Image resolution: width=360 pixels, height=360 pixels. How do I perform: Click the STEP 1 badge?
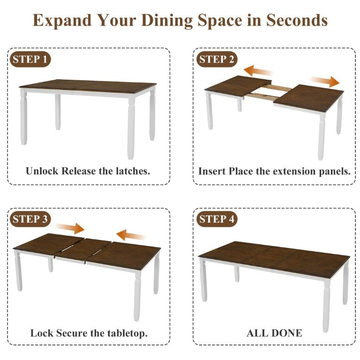tap(30, 59)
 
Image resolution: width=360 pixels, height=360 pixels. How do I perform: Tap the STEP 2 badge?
tap(217, 59)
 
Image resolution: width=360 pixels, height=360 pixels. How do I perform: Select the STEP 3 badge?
tap(30, 219)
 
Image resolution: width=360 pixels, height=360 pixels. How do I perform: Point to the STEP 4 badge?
tap(217, 219)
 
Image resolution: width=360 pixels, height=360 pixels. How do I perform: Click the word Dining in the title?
tap(167, 21)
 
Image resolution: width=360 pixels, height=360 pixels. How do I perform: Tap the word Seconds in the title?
tap(296, 21)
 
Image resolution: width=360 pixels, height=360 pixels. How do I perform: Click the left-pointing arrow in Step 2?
tap(258, 71)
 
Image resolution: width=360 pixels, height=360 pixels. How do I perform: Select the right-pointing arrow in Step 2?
tap(325, 81)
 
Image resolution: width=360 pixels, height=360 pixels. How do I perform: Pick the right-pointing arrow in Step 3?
tap(70, 228)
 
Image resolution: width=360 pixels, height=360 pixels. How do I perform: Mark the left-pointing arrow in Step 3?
tap(130, 235)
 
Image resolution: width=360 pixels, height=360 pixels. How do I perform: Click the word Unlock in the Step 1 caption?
tap(42, 171)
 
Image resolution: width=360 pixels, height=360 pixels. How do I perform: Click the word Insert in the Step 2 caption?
tap(212, 171)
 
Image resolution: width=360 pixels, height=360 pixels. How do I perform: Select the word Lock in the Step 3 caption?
tap(42, 333)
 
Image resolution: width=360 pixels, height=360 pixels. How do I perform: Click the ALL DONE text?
tap(274, 333)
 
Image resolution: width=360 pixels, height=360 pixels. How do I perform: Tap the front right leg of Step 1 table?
tap(131, 128)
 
